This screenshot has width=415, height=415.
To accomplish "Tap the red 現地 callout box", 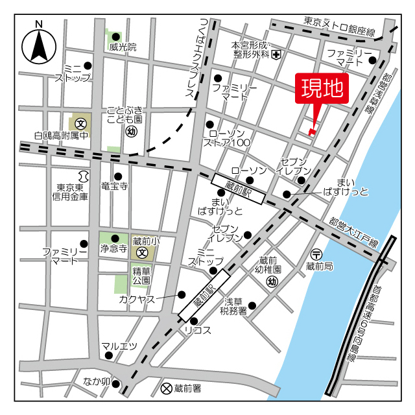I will coord(322,89).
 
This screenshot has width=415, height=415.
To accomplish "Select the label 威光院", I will coord(123,47).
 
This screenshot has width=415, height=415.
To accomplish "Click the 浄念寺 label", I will coord(113,248).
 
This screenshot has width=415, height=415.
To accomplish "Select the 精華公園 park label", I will coord(142,276).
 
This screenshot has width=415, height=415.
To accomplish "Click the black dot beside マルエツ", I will coord(109,355).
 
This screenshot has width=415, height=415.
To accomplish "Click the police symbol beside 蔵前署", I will coord(166,388).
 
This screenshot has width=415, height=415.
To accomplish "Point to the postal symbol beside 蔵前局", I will coord(316,254).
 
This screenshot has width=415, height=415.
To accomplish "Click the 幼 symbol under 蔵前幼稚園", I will coord(272,281).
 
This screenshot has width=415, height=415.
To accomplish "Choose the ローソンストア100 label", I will coord(226,137).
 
